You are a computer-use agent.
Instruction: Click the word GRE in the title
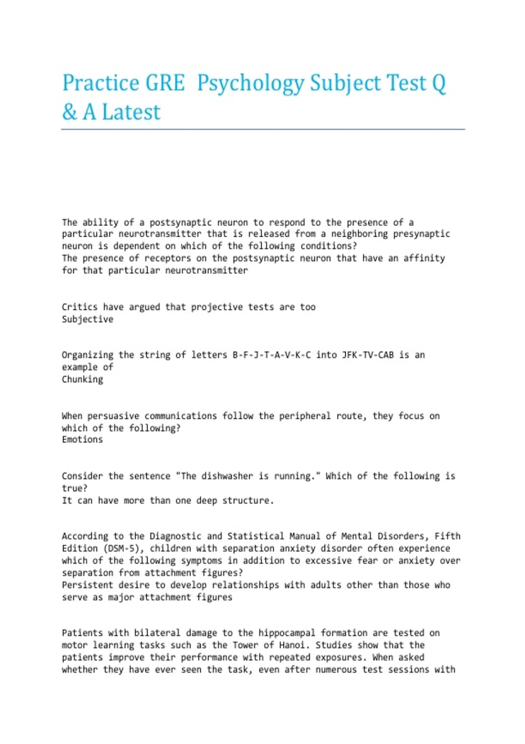[165, 83]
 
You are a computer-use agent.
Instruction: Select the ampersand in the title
[69, 112]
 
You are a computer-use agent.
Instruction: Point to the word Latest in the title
[131, 112]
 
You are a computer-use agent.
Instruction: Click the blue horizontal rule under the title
[262, 130]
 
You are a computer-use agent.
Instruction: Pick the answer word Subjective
[87, 319]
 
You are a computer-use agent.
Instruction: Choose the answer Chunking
[82, 379]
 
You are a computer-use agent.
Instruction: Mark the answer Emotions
[82, 439]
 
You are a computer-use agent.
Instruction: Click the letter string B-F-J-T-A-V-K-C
[271, 355]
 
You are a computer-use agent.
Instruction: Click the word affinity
[424, 258]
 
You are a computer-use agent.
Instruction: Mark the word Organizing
[87, 355]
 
